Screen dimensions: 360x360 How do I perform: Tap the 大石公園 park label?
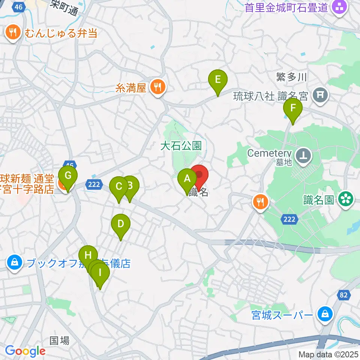(181, 145)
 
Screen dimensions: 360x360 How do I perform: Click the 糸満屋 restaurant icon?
(156, 87)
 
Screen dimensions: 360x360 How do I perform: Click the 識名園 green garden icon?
(346, 199)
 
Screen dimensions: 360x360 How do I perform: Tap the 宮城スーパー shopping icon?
(323, 314)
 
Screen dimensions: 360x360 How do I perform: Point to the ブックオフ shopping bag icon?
(14, 263)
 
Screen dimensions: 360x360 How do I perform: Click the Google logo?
(25, 351)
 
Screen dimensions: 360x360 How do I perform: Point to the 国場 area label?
(60, 340)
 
